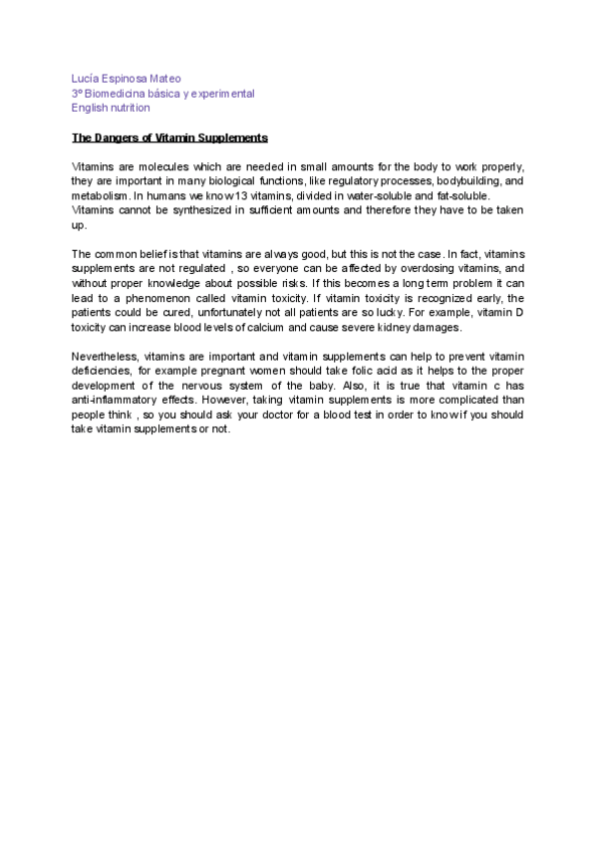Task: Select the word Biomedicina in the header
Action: point(122,92)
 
